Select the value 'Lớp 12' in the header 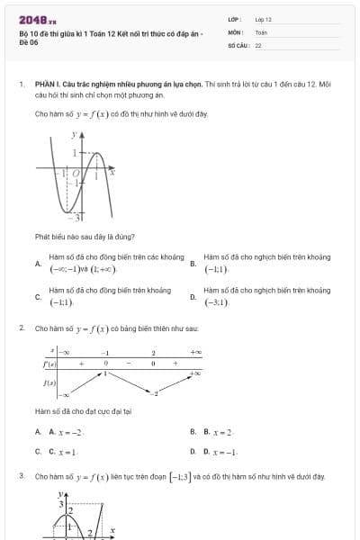[x=263, y=19]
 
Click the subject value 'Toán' [x=261, y=31]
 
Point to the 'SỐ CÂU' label [x=237, y=44]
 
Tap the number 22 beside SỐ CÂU [x=258, y=44]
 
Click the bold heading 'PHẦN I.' [x=46, y=84]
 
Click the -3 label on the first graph [x=78, y=217]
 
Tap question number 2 [x=21, y=328]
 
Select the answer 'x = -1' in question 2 [x=224, y=451]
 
